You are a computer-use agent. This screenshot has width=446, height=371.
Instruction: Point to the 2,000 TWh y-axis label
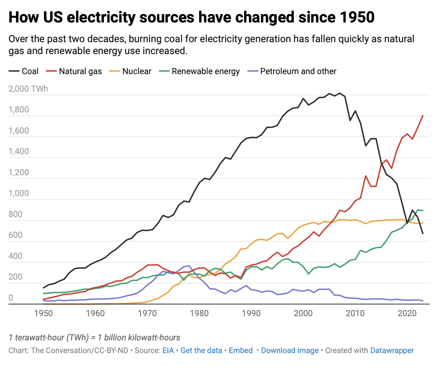point(28,89)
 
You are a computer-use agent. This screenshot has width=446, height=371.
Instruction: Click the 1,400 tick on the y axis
point(19,152)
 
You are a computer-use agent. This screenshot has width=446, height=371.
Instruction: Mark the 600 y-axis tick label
point(15,235)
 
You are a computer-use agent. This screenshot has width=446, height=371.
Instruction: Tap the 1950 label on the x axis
point(44,313)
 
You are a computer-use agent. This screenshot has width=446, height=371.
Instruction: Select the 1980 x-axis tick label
point(199,313)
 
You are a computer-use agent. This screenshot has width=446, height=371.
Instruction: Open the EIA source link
point(168,350)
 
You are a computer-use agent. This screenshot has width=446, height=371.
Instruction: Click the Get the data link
point(201,350)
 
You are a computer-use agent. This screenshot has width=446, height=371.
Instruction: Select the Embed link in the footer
point(241,350)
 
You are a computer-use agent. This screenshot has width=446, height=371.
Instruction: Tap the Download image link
point(290,350)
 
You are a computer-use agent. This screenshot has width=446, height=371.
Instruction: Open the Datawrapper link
point(392,350)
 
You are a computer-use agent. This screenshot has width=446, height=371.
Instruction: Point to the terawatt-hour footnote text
point(94,338)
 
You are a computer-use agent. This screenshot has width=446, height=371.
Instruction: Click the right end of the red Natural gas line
point(422,116)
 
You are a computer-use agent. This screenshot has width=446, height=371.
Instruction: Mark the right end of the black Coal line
point(422,233)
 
